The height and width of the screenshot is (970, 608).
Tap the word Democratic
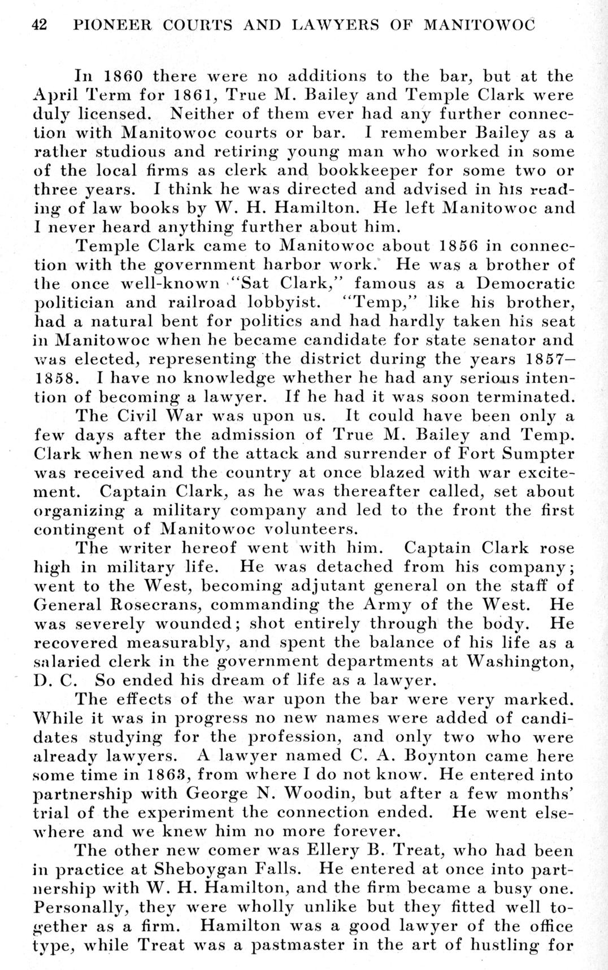526,283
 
